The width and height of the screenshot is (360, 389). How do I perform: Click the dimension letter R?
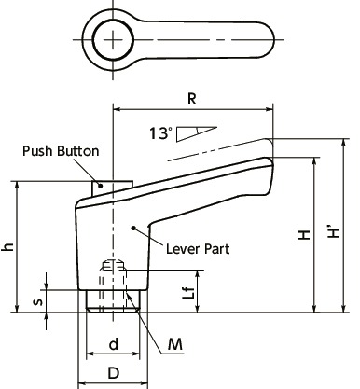pyautogui.click(x=191, y=97)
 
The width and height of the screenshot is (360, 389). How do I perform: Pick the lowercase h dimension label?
pyautogui.click(x=8, y=247)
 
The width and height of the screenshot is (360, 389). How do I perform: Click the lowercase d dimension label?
pyautogui.click(x=113, y=343)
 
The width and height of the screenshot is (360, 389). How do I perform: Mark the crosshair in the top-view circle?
pyautogui.click(x=113, y=39)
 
